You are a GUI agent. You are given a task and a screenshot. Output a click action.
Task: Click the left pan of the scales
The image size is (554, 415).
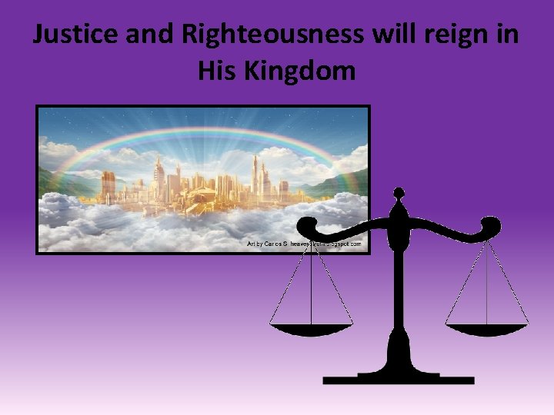tap(310, 330)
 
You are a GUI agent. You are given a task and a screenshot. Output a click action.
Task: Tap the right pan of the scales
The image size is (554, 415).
tap(487, 330)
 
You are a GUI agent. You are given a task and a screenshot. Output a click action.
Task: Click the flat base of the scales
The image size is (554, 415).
tap(399, 379)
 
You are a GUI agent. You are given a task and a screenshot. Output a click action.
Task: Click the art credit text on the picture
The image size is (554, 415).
tap(303, 243)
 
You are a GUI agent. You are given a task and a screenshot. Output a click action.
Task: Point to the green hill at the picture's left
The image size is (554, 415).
tap(54, 180)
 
